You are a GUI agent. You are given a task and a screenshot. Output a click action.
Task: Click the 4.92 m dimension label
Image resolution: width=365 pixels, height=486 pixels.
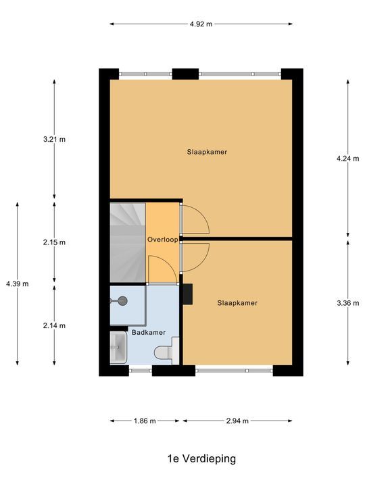201,24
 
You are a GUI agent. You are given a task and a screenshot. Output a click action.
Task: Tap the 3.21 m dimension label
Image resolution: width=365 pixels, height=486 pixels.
54,140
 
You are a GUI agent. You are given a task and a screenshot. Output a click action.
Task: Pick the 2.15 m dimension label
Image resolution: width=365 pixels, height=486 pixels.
54,242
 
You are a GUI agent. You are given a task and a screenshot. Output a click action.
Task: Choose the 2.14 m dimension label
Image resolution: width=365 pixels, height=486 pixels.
54,325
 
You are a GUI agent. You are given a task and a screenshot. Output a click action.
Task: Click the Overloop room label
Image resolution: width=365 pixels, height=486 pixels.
162,240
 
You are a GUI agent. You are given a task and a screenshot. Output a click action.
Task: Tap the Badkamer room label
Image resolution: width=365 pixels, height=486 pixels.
148,332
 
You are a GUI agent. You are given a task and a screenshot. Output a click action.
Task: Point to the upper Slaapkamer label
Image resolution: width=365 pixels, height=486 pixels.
207,152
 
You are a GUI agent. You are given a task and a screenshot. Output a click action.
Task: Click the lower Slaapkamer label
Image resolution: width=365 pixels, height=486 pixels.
237,303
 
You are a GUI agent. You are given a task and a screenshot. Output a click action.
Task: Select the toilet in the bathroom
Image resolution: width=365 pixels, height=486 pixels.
164,352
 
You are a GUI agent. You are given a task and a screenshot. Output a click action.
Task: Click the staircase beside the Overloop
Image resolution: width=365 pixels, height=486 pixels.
128,241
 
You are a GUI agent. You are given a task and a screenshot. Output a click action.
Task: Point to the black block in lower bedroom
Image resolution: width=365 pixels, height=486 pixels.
187,294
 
